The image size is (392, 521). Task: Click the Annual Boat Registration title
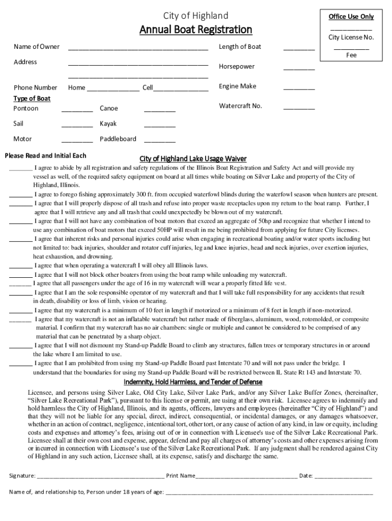(x=195, y=30)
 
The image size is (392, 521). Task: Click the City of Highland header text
(x=195, y=16)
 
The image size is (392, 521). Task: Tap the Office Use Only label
(x=351, y=17)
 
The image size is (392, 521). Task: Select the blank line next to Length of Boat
(x=299, y=48)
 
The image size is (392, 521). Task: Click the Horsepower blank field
(x=299, y=68)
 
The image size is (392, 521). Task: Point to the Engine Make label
(x=237, y=86)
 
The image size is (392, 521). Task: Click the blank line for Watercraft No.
(x=299, y=108)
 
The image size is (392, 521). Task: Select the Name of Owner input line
(x=138, y=48)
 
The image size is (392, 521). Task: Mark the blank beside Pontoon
(x=77, y=110)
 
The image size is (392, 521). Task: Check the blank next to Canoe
(x=159, y=110)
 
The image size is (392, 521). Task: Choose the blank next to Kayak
(x=159, y=125)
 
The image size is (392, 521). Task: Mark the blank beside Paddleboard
(x=159, y=140)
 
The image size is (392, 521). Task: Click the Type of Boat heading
(x=32, y=99)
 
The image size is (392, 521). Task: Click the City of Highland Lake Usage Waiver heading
(x=193, y=159)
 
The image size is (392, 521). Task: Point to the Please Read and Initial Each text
(x=45, y=156)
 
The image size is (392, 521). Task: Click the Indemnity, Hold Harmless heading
(x=195, y=382)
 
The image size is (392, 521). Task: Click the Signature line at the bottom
(x=100, y=477)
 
